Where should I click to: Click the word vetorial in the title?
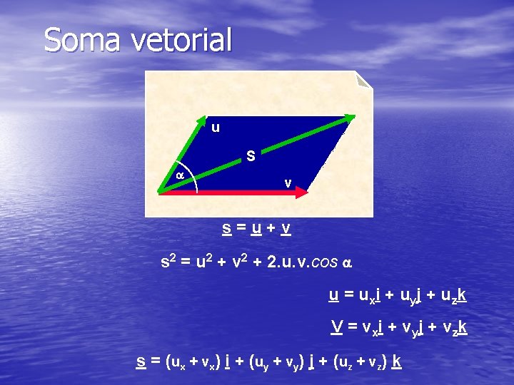(181, 40)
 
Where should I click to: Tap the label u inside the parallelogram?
(216, 128)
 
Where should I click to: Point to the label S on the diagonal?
(251, 155)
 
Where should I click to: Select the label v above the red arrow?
(287, 183)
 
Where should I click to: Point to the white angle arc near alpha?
(193, 178)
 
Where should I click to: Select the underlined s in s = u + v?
(226, 229)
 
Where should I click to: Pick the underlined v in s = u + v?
(286, 229)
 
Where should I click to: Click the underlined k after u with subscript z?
(462, 294)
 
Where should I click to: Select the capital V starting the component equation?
(336, 327)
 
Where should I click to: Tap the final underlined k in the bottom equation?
(395, 361)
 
